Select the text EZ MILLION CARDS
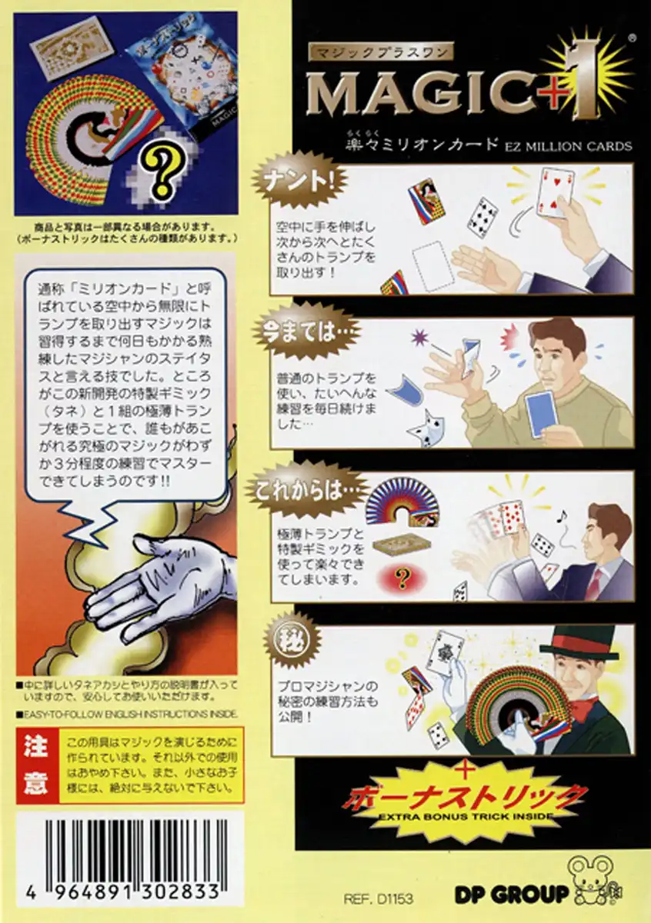[568, 146]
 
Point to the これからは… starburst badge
[303, 491]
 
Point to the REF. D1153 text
[378, 899]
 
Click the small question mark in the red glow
[402, 579]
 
